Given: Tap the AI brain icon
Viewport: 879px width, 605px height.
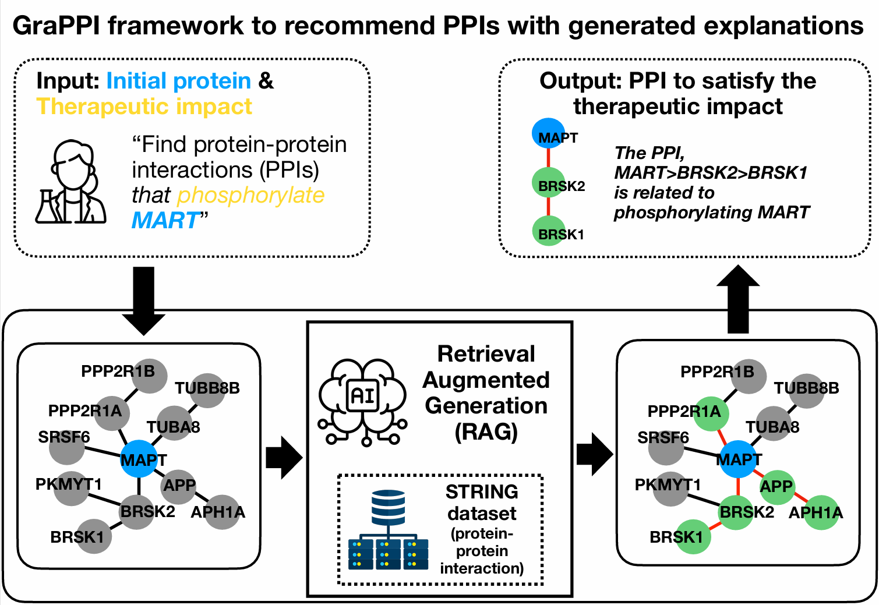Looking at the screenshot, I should tap(362, 402).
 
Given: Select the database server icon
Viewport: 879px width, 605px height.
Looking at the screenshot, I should tap(388, 530).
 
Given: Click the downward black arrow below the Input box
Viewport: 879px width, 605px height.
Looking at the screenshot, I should tap(144, 299).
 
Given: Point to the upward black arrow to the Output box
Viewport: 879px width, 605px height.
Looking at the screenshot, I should tap(738, 299).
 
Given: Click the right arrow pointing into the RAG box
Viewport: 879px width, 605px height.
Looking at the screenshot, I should tap(284, 458).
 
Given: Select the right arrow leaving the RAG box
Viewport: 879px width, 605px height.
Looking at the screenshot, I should tap(594, 454).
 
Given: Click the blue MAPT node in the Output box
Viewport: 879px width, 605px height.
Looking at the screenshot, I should tap(548, 133).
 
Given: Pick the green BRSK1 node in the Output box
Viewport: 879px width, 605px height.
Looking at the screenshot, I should tap(548, 231).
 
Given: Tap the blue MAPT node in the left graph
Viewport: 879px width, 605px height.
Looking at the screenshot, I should tap(139, 459).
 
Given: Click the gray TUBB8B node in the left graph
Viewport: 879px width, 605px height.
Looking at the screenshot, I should tap(207, 390).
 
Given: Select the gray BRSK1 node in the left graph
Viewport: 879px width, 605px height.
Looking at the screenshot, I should tap(94, 536).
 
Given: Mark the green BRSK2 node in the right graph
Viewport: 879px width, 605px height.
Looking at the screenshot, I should tap(736, 512).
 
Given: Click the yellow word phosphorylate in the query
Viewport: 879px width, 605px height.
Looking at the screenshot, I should tap(250, 196).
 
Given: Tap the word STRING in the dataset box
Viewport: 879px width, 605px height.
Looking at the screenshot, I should tap(482, 492).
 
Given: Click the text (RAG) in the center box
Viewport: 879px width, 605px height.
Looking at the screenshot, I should tap(486, 432).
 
